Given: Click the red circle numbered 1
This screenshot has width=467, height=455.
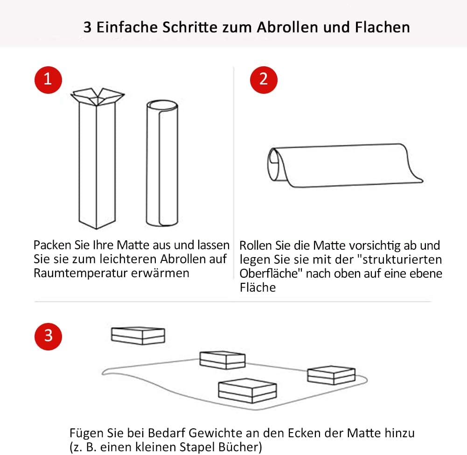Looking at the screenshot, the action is [x=48, y=80].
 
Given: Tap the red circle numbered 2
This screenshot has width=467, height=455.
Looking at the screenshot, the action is [x=264, y=80].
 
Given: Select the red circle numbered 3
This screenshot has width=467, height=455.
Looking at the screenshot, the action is [x=48, y=336].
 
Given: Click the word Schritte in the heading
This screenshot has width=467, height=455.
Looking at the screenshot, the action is [x=190, y=28].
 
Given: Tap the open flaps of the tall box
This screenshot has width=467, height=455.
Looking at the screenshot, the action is [x=98, y=96].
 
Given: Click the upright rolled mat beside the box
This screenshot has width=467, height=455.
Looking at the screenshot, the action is [x=162, y=163].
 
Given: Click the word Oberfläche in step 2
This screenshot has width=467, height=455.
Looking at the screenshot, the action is [x=269, y=273].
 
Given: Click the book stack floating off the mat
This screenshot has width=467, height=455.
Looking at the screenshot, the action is [x=138, y=336].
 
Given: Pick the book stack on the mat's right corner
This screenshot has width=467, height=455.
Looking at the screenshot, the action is [x=331, y=376].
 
